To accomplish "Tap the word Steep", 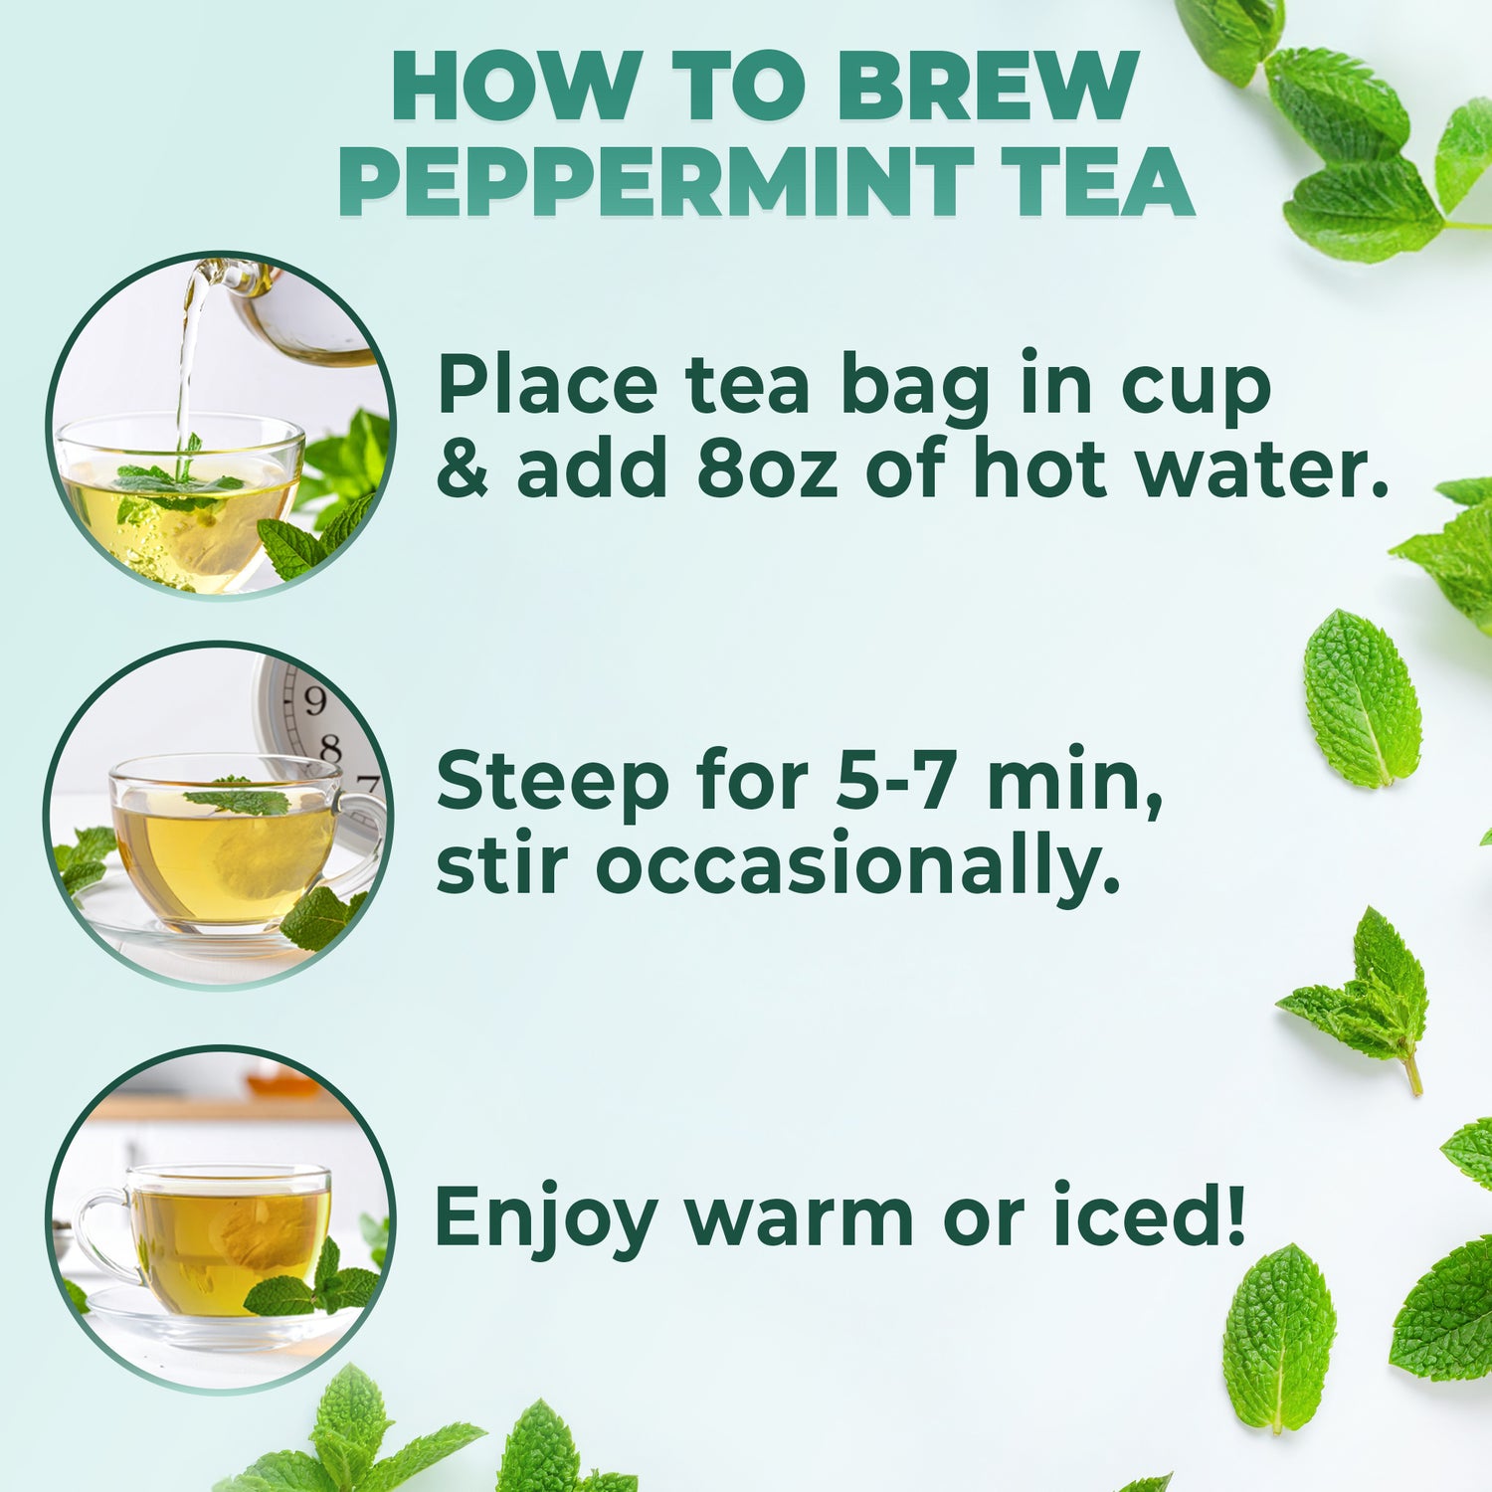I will (x=552, y=782).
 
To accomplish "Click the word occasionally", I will (x=857, y=867).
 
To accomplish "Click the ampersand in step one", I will (x=463, y=469).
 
